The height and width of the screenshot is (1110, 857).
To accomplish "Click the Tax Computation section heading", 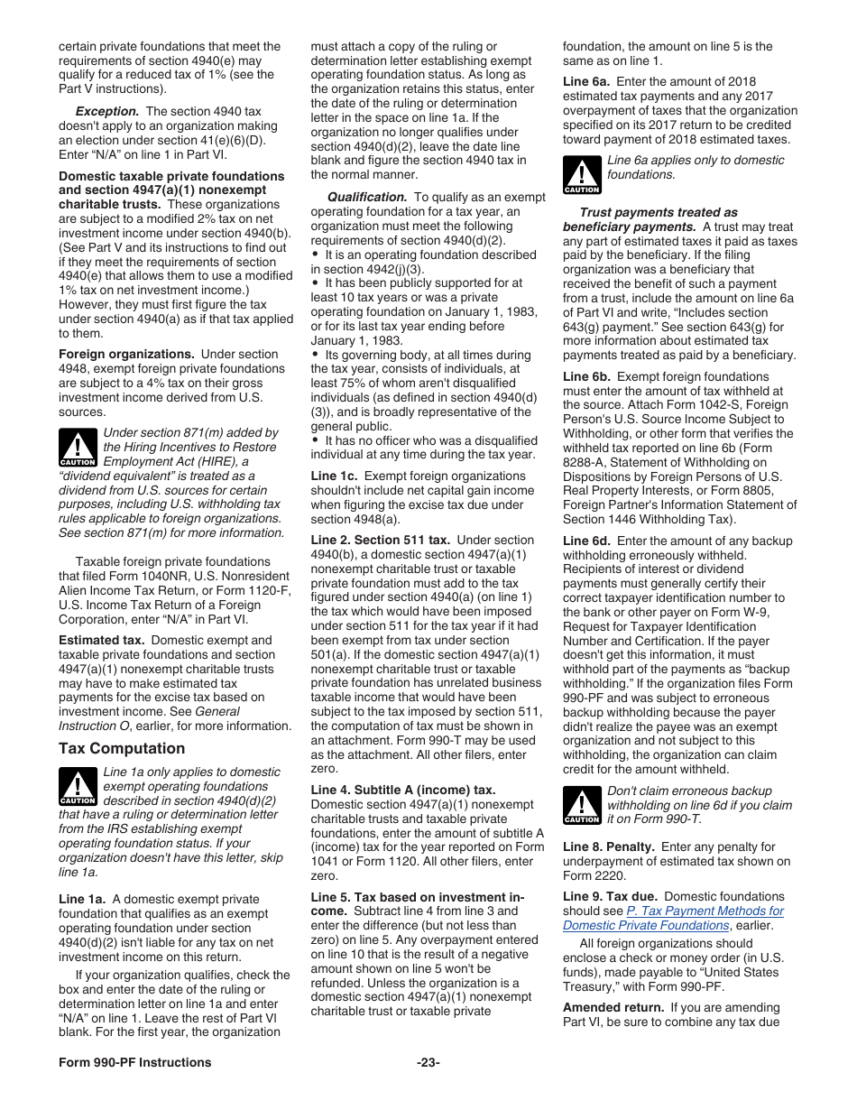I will pyautogui.click(x=122, y=748).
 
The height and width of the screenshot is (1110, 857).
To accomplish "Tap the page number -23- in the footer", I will pyautogui.click(x=428, y=1062).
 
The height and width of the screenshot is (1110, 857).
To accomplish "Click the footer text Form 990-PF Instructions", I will pyautogui.click(x=135, y=1062).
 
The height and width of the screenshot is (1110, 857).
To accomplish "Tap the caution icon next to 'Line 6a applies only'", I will pyautogui.click(x=582, y=175).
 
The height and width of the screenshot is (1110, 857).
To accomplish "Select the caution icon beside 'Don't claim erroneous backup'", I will pyautogui.click(x=582, y=805).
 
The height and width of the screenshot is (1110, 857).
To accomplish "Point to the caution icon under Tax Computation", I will pyautogui.click(x=78, y=787).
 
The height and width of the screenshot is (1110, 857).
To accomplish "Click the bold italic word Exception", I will pyautogui.click(x=107, y=112).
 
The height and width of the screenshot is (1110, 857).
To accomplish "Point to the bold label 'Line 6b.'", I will pyautogui.click(x=586, y=376).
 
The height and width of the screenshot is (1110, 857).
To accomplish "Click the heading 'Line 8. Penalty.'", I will pyautogui.click(x=609, y=846).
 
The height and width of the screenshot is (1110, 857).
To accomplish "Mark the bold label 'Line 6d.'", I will pyautogui.click(x=586, y=541).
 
